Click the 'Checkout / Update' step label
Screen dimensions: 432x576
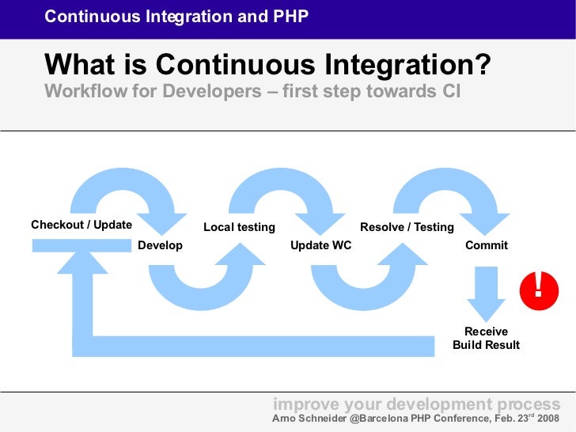pyautogui.click(x=81, y=225)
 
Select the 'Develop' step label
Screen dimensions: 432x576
pyautogui.click(x=160, y=245)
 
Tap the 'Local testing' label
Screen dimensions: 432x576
pyautogui.click(x=239, y=227)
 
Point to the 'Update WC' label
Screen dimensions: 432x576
pyautogui.click(x=320, y=245)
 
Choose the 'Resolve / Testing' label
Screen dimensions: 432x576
pyautogui.click(x=407, y=227)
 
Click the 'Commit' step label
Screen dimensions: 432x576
pyautogui.click(x=486, y=245)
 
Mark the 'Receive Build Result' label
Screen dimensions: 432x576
pyautogui.click(x=486, y=338)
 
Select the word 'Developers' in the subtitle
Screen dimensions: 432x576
pyautogui.click(x=207, y=91)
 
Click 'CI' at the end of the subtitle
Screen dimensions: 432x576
pyautogui.click(x=447, y=91)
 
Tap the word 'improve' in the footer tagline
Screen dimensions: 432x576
pyautogui.click(x=301, y=404)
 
